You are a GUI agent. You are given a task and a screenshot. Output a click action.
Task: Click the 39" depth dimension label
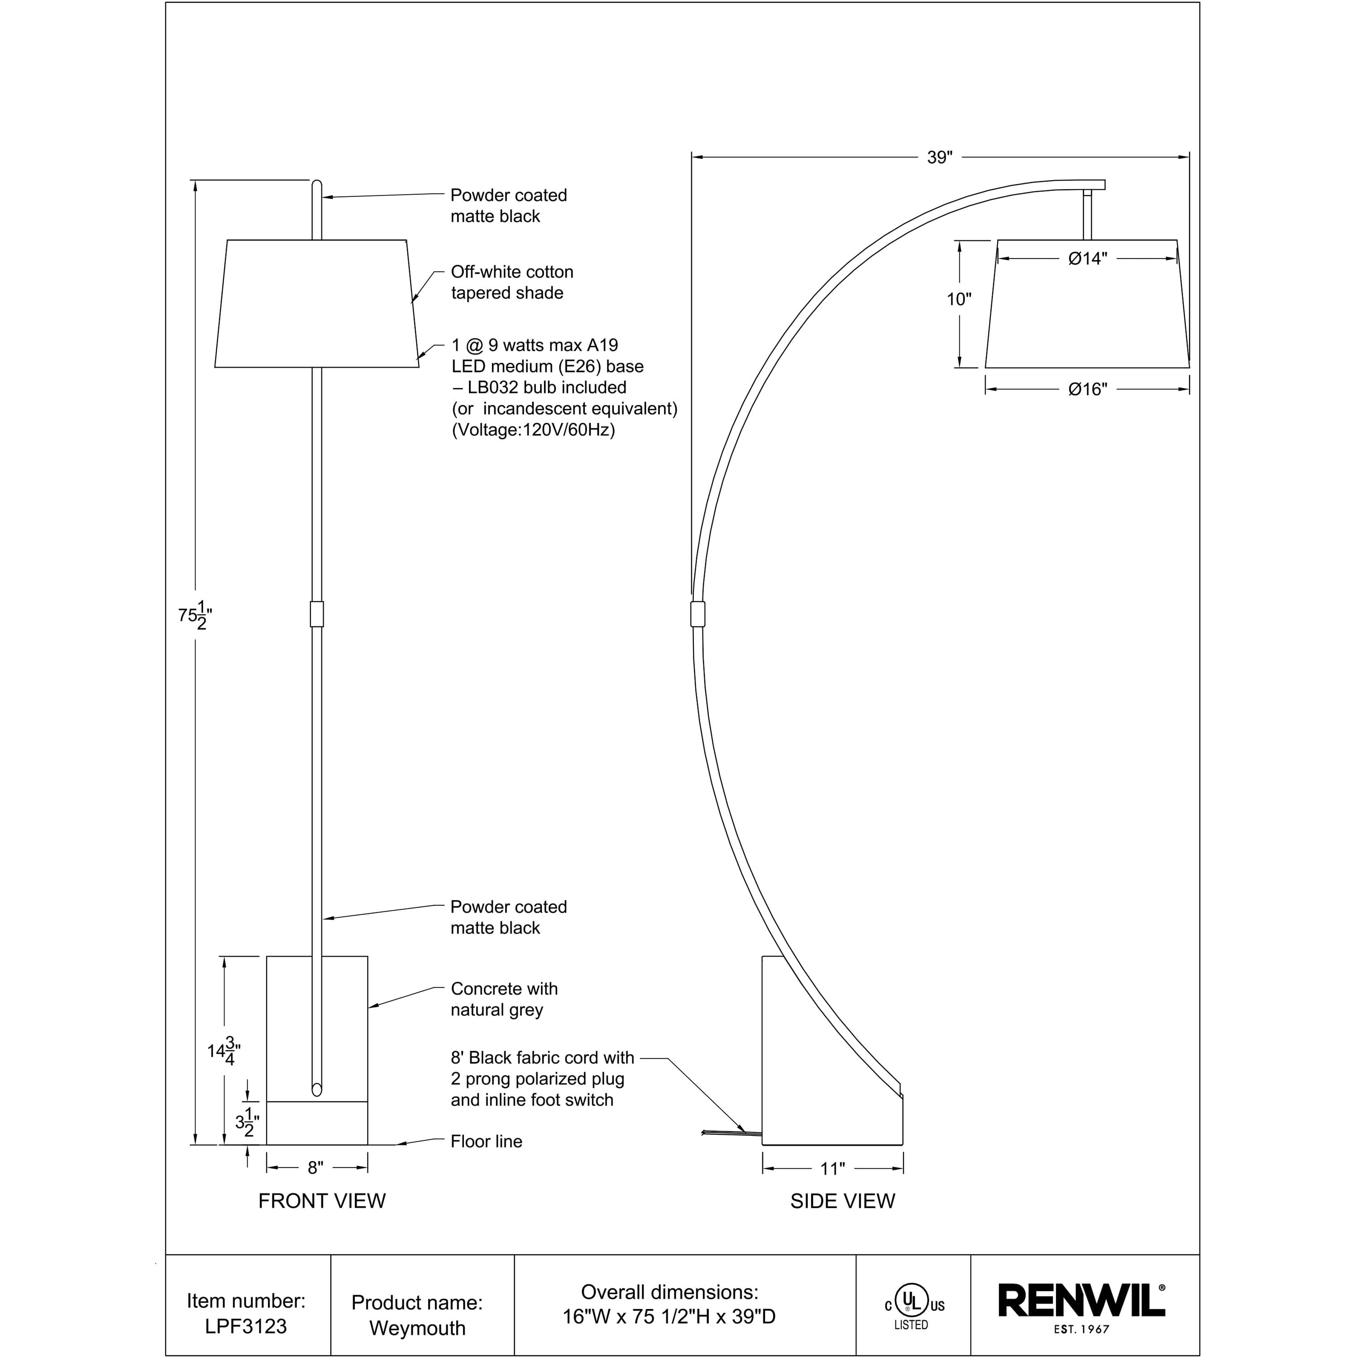click(939, 158)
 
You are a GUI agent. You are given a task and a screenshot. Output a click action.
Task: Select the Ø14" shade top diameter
click(1087, 258)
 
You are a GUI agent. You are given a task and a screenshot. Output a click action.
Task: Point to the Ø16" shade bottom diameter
click(1087, 389)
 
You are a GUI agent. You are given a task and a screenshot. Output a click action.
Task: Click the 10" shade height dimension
click(959, 299)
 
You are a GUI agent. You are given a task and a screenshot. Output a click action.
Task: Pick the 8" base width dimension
click(316, 1167)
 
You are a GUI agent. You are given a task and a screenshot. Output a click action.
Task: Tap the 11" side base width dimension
click(832, 1168)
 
